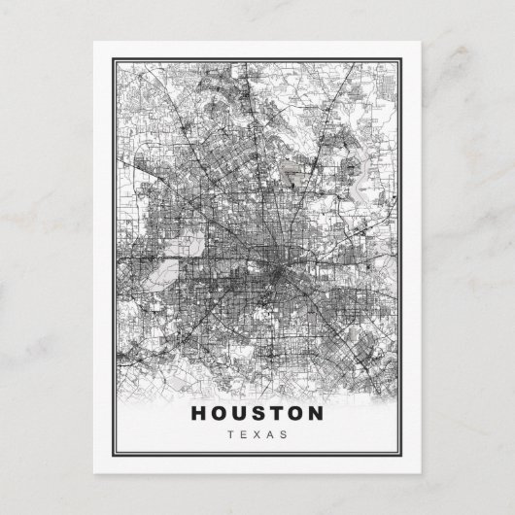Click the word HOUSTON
click(257, 412)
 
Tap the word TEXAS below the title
click(257, 433)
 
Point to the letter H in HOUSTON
click(196, 412)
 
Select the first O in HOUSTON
click(216, 412)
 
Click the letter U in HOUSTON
click(237, 412)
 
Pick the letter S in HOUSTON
click(257, 412)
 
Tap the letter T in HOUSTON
click(276, 412)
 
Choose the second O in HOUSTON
click(296, 412)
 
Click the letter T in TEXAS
click(229, 433)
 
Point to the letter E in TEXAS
click(243, 433)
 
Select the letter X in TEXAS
click(257, 433)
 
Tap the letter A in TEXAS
click(272, 433)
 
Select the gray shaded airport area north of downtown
click(293, 176)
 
